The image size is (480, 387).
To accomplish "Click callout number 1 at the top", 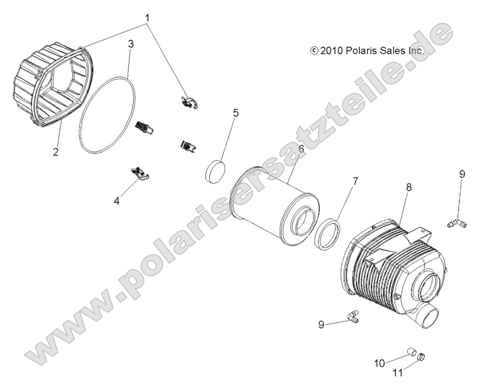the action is [x=148, y=18].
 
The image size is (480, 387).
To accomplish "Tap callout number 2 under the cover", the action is [x=56, y=152].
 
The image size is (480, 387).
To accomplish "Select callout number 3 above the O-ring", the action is [x=131, y=44].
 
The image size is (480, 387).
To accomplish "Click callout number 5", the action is [x=236, y=113].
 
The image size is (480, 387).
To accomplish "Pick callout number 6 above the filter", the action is [x=301, y=149].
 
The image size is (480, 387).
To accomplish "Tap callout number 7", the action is [x=355, y=181].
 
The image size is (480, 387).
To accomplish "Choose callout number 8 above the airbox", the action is [x=409, y=187].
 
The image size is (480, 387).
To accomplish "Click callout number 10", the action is [x=380, y=364].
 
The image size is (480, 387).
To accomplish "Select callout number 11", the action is [x=398, y=373].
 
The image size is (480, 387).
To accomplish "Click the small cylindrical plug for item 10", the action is [x=412, y=352].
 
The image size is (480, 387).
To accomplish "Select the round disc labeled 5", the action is [x=215, y=171].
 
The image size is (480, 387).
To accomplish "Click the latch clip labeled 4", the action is [x=140, y=174].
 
